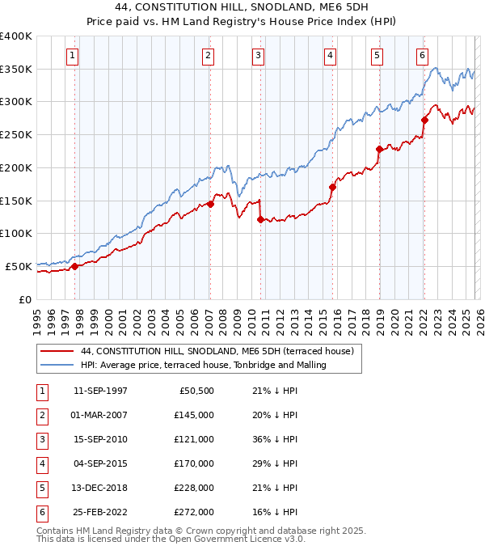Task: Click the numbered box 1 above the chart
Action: tap(73, 56)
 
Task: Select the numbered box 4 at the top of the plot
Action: tap(331, 56)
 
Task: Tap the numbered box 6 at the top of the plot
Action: tap(422, 56)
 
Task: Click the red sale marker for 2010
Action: tap(260, 219)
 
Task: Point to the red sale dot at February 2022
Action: tap(424, 120)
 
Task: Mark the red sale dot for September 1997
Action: tap(74, 265)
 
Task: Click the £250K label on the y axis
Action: tap(15, 134)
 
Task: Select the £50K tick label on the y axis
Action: tap(19, 266)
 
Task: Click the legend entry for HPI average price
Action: tap(203, 365)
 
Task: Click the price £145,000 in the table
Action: tap(193, 415)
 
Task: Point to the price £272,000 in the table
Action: tap(193, 512)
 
